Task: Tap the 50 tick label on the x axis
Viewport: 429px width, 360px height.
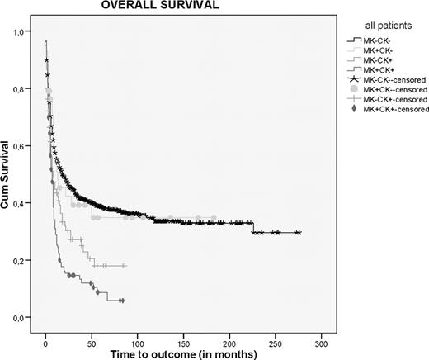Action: coord(92,340)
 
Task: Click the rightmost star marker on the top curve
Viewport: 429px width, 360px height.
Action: coord(299,233)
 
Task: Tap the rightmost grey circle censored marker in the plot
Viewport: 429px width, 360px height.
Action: coord(214,218)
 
